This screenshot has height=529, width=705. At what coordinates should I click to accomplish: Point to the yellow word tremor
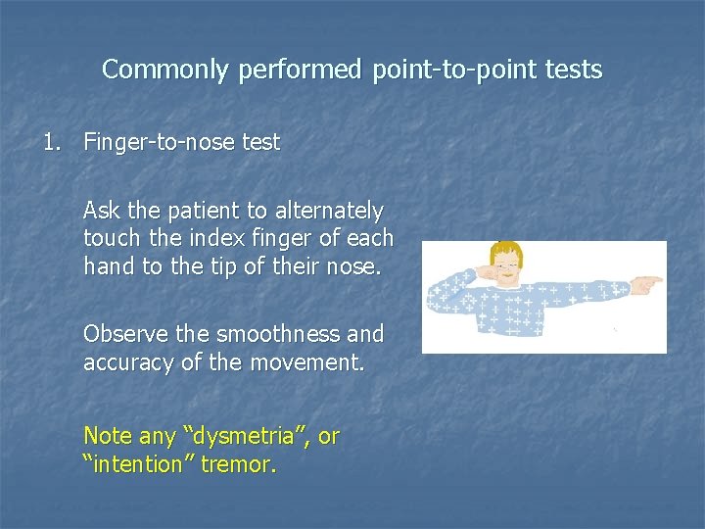[238, 464]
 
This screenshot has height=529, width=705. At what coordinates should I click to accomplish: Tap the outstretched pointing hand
[646, 284]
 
